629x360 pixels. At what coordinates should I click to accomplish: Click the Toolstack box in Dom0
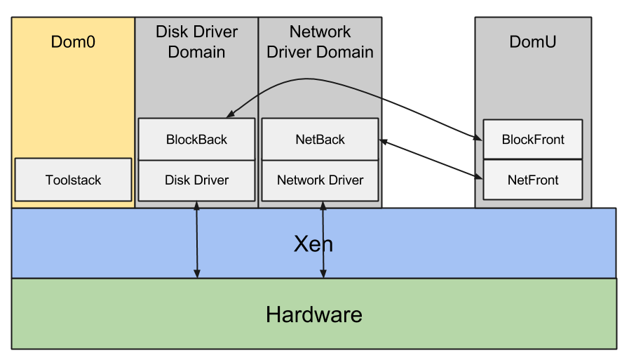click(73, 180)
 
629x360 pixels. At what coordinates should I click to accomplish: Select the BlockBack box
click(196, 140)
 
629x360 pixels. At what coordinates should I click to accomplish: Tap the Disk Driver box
click(196, 180)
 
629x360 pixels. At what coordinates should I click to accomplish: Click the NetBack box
click(320, 140)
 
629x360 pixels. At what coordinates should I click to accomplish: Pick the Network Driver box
click(320, 180)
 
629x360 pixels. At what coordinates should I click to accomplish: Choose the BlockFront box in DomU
click(533, 140)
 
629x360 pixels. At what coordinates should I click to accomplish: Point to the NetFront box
click(533, 180)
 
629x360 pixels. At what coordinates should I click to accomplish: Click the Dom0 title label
click(73, 42)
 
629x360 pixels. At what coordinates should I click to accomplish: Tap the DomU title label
click(533, 42)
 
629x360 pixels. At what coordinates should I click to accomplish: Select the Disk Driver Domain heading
click(196, 42)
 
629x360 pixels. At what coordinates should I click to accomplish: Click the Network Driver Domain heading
click(320, 42)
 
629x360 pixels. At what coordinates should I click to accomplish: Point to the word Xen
click(313, 244)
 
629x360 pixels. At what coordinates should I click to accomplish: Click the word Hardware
click(313, 314)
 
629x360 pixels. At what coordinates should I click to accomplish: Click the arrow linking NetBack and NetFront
click(431, 159)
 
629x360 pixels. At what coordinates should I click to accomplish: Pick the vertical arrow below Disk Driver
click(197, 240)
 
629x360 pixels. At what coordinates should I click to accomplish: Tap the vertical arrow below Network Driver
click(323, 240)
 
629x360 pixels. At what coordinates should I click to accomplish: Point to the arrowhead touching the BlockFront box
click(480, 139)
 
